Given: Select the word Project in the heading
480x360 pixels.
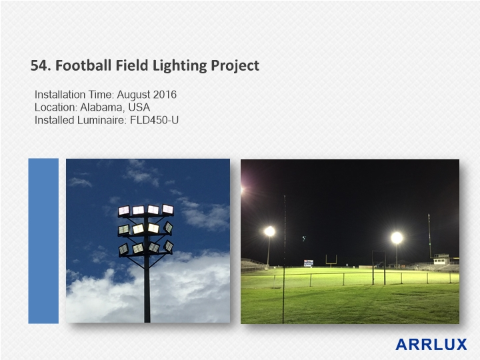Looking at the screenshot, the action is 235,66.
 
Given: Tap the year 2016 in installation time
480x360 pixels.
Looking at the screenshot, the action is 165,94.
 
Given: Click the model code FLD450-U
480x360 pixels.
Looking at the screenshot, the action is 154,120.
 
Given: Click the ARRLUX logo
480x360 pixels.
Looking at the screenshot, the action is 431,345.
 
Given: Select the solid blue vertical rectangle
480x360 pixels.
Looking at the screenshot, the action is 43,241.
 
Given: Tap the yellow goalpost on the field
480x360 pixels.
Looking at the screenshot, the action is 331,261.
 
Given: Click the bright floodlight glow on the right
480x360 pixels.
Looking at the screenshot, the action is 397,238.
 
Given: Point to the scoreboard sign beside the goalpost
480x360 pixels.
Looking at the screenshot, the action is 309,263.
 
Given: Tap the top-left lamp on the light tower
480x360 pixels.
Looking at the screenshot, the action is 124,211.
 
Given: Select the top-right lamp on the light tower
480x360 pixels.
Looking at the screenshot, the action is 167,209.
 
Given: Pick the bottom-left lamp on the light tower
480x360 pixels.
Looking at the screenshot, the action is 123,249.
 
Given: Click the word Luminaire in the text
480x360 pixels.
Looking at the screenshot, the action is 101,120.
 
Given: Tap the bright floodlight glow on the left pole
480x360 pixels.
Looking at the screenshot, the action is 270,231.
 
